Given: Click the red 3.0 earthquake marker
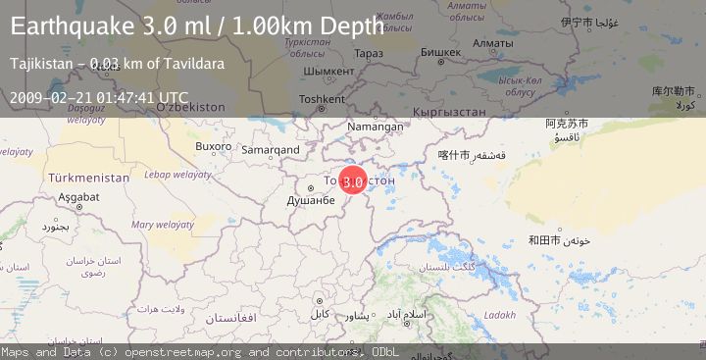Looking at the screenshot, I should pyautogui.click(x=353, y=180).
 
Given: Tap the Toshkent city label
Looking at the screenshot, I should pyautogui.click(x=322, y=99).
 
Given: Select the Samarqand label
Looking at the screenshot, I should pyautogui.click(x=270, y=150).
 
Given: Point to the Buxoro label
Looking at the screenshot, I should pyautogui.click(x=213, y=146).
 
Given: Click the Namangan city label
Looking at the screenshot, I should pyautogui.click(x=376, y=127).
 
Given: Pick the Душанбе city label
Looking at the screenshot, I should pyautogui.click(x=311, y=200).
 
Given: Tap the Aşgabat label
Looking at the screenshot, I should pyautogui.click(x=78, y=197).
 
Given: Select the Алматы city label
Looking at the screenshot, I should pyautogui.click(x=465, y=43).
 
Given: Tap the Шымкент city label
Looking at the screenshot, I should pyautogui.click(x=327, y=72).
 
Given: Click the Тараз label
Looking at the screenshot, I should pyautogui.click(x=369, y=53).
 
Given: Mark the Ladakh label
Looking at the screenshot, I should pyautogui.click(x=498, y=315).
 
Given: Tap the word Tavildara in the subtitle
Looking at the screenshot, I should pyautogui.click(x=194, y=64).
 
